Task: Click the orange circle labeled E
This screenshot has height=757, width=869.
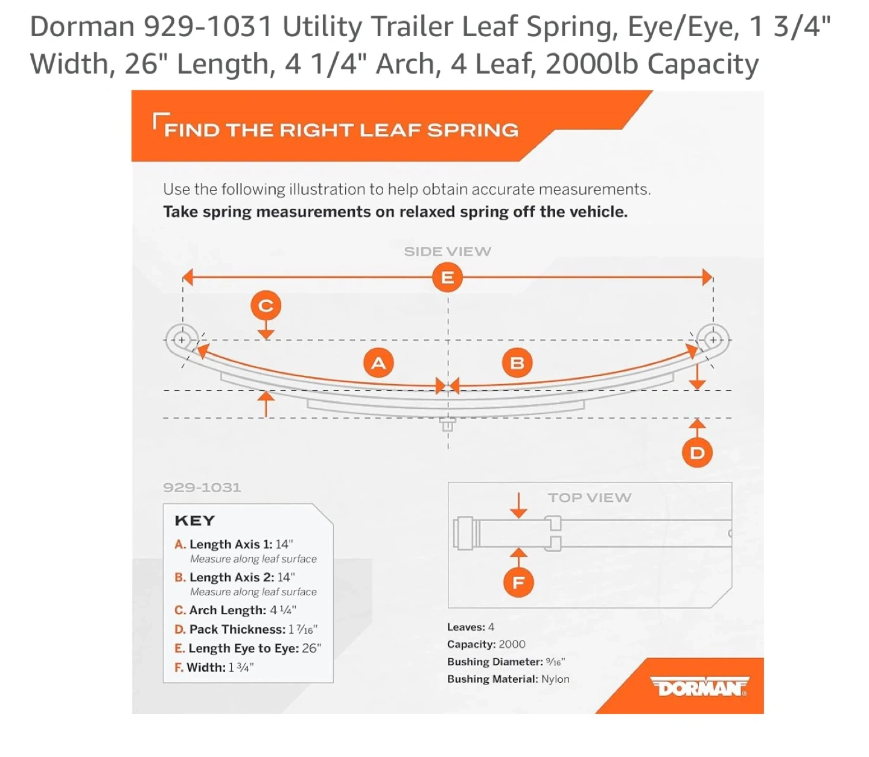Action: pos(447,277)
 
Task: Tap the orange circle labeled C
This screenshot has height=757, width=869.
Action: pos(266,305)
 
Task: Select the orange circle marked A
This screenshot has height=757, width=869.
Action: pos(378,363)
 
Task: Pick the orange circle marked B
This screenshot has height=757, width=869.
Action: pos(517,363)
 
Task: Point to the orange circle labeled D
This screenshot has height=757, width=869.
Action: pos(696,452)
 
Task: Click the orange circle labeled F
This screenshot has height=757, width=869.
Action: pos(518,582)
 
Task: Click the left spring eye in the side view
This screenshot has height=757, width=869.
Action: pos(182,340)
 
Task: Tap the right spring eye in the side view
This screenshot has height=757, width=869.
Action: pos(713,340)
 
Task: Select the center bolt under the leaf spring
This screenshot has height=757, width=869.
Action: pos(447,424)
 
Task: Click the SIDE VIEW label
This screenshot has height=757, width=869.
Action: pos(447,252)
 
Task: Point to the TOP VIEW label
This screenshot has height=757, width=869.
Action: pos(589,497)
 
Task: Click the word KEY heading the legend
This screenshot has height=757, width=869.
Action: pos(195,521)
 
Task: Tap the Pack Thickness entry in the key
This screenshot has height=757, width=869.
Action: pos(246,629)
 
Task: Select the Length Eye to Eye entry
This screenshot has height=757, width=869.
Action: pos(247,648)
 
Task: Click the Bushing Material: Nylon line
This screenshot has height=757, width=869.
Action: pos(508,679)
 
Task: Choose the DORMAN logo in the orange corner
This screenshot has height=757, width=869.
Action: pos(699,687)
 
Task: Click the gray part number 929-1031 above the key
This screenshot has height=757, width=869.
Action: pos(202,487)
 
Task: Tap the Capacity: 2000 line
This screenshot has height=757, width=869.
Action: pos(486,644)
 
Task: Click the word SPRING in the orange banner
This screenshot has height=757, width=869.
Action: pos(473,130)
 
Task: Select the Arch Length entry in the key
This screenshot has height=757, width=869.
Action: pos(235,610)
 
